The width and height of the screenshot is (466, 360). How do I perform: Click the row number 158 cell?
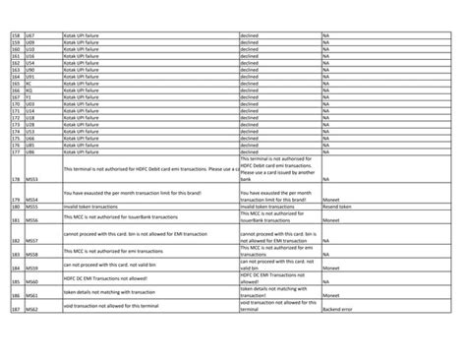(x=14, y=36)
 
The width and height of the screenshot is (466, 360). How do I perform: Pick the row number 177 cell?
(x=14, y=151)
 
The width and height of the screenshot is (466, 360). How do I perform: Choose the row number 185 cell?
(x=14, y=281)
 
